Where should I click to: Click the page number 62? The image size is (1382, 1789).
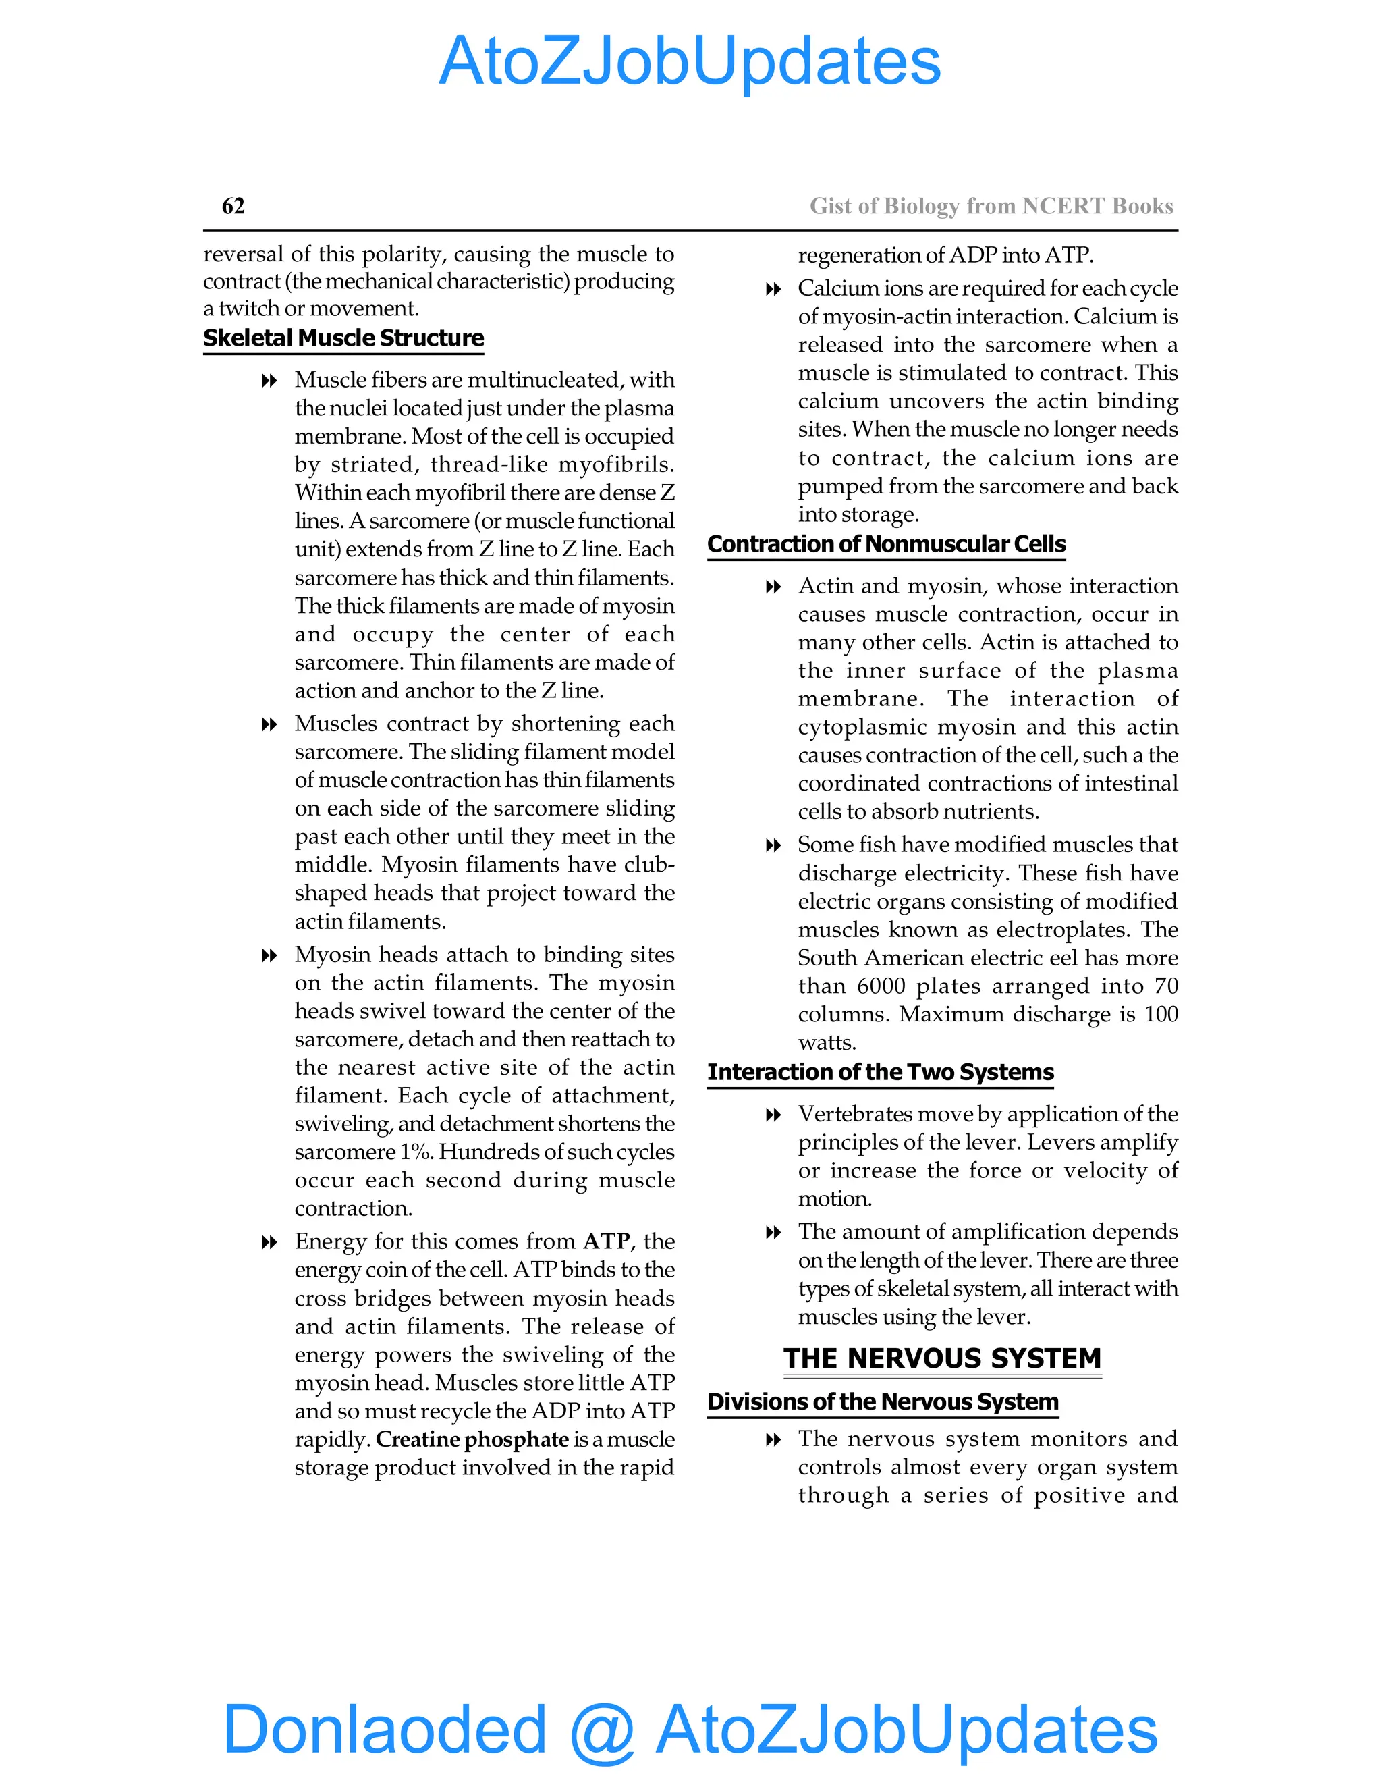(233, 206)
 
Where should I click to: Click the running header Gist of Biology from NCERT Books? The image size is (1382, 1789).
(991, 206)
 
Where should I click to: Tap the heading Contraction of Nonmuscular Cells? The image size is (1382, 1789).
(886, 545)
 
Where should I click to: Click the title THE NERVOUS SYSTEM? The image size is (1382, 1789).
(941, 1358)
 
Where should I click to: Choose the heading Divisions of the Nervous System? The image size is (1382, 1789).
(883, 1401)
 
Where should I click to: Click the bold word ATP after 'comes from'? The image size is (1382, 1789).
(606, 1241)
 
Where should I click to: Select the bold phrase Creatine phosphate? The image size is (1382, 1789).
(472, 1439)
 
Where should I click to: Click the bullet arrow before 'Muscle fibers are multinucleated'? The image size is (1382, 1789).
(269, 381)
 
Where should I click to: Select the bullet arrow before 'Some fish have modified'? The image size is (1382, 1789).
(772, 845)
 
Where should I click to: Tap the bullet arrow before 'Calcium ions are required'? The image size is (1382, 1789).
(772, 289)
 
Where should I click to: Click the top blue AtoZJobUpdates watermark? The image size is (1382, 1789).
(690, 61)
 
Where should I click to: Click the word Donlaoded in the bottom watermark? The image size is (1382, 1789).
(384, 1729)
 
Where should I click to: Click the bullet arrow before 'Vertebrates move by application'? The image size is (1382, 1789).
(772, 1115)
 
